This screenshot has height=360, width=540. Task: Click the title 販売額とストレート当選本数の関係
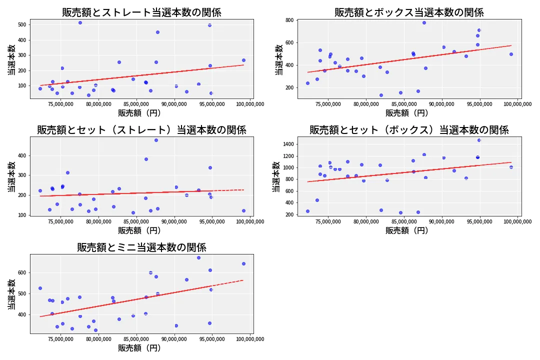point(141,12)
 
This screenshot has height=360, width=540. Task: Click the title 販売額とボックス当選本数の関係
point(409,12)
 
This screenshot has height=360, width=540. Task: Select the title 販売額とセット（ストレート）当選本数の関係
point(141,130)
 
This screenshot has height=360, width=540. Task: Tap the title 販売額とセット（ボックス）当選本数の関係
point(409,130)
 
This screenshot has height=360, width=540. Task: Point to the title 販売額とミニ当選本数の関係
point(141,247)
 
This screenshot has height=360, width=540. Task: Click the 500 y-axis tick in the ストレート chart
point(21,24)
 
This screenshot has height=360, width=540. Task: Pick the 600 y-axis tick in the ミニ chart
point(21,272)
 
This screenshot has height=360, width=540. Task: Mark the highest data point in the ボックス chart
point(424,22)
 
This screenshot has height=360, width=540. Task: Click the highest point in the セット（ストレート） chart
point(156,140)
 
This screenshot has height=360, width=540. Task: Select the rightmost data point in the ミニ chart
point(243,263)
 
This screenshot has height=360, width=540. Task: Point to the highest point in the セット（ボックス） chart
point(479,140)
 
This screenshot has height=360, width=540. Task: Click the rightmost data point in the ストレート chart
point(243,60)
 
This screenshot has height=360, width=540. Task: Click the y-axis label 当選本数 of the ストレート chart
point(11,60)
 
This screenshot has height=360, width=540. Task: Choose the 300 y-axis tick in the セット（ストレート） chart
point(21,175)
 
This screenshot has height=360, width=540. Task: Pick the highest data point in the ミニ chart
point(198,257)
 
